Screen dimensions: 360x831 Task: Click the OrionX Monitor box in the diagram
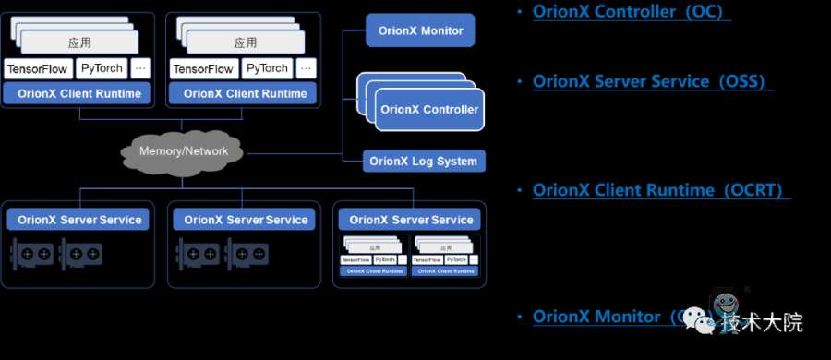(x=420, y=30)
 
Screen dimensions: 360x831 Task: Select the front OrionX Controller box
(x=429, y=110)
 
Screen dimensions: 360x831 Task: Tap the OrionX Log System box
(x=423, y=162)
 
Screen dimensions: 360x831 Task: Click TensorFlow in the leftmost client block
(x=38, y=69)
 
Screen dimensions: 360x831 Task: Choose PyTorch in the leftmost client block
(x=102, y=69)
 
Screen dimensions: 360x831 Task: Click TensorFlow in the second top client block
(x=203, y=69)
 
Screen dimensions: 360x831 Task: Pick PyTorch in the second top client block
(x=267, y=69)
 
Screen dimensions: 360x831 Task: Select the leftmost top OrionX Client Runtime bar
(x=79, y=93)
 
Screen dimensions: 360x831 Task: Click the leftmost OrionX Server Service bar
(x=80, y=220)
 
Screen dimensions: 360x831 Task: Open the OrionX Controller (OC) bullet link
(x=632, y=12)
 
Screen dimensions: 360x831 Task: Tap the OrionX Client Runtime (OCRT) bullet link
(x=661, y=190)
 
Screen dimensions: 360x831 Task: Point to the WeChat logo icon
(x=705, y=320)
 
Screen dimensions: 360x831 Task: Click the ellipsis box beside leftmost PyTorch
(x=140, y=69)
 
